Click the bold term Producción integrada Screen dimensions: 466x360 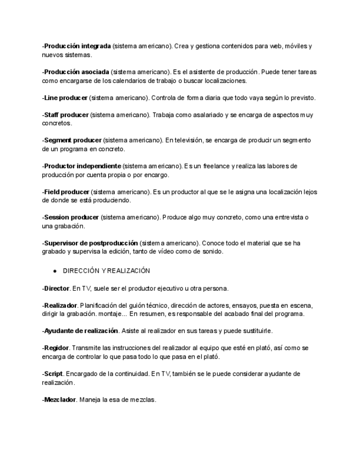coord(77,46)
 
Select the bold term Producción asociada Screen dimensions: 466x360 coord(76,72)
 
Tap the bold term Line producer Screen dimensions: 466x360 coord(65,98)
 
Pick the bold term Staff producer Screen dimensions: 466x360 coord(66,115)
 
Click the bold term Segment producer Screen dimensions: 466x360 coord(73,141)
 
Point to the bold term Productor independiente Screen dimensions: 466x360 coord(82,166)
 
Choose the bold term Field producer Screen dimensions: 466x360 coord(67,192)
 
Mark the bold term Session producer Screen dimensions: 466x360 coord(71,218)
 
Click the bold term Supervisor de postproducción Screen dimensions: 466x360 coord(91,243)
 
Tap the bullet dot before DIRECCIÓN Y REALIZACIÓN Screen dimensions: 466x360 coord(55,271)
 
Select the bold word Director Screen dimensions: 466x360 coord(57,289)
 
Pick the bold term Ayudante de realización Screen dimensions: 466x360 coord(81,331)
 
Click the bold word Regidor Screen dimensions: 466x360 coord(56,348)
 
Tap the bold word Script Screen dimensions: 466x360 coord(53,374)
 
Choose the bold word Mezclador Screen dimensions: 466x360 coord(60,400)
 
